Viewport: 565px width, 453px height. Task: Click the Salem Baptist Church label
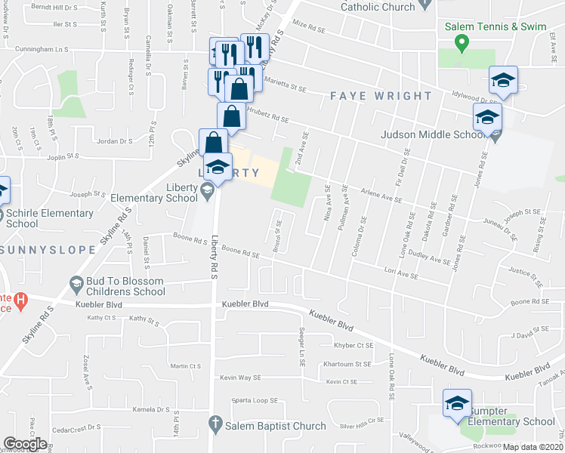pos(276,426)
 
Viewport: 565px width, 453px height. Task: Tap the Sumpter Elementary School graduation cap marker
pos(457,402)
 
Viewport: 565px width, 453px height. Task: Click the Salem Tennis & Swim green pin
pos(463,42)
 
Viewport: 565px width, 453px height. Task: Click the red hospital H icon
pos(20,300)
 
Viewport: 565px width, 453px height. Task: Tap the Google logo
pos(25,444)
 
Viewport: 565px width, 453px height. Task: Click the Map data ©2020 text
pos(533,447)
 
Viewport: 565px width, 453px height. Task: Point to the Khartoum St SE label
pos(350,363)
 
